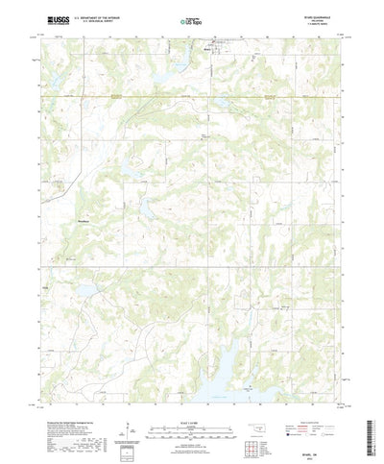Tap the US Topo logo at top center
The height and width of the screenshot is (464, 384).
pyautogui.click(x=191, y=19)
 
